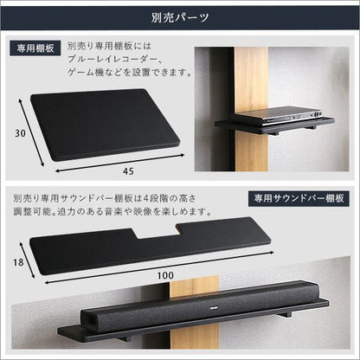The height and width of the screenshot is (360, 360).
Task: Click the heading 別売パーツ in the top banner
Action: point(180,17)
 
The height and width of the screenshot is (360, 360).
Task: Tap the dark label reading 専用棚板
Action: point(35,48)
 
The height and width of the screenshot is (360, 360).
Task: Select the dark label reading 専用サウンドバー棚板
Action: point(299,198)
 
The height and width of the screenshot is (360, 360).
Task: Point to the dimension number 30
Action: point(20,133)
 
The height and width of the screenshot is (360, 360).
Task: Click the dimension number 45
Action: point(128,171)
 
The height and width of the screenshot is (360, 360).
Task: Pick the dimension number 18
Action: point(18,262)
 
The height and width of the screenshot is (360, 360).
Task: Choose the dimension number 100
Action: point(165,275)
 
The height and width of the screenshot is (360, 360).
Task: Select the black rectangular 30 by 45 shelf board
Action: point(106,124)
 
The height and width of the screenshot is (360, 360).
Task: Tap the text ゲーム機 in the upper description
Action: point(86,72)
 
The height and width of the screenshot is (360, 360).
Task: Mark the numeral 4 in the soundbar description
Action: point(146,198)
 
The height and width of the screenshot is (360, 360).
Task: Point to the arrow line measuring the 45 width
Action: point(119,164)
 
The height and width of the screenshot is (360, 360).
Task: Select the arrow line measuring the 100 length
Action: point(159,267)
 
